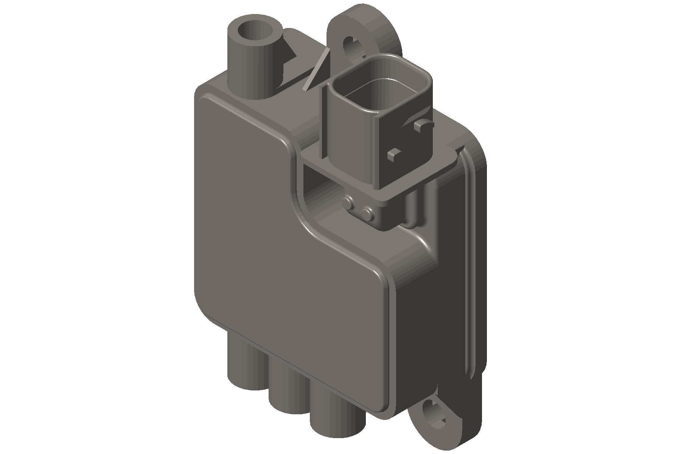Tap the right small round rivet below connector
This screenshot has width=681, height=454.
[367, 214]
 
